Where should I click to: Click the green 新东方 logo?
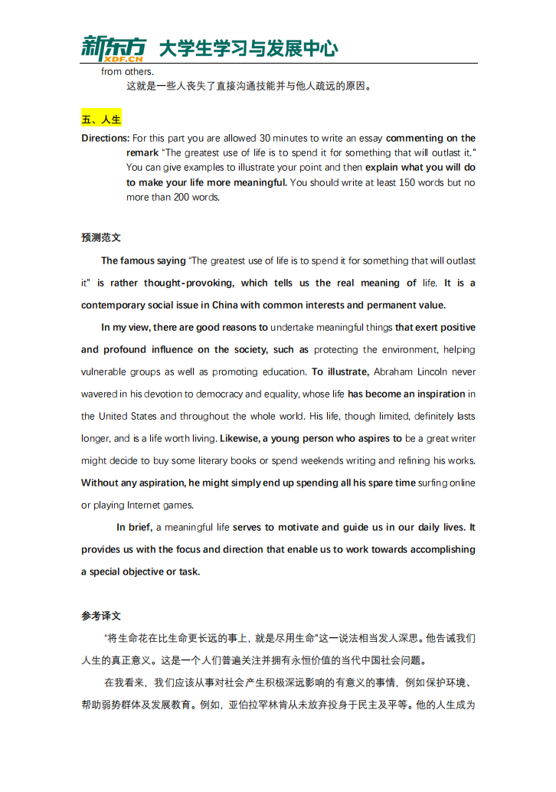[x=113, y=44]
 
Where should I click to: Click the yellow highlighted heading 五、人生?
[x=101, y=119]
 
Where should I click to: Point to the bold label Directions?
[x=105, y=139]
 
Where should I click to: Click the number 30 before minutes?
[x=265, y=139]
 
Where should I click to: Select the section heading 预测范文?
[x=101, y=238]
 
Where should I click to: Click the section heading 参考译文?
[x=101, y=616]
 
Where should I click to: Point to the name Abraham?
[x=397, y=372]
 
